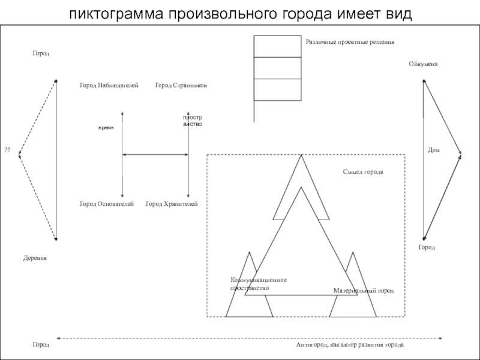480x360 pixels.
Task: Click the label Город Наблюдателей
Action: coord(109,86)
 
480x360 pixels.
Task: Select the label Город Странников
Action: coord(181,86)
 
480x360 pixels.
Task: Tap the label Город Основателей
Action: coord(106,205)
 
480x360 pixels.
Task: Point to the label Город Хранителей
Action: coord(172,205)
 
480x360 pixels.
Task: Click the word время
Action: coord(106,128)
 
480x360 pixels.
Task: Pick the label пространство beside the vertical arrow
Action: coord(193,121)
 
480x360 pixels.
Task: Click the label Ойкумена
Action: coord(423,64)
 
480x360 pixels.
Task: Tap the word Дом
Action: coord(434,150)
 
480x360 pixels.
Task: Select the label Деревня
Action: coord(35,257)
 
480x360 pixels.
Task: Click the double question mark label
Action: coord(8,149)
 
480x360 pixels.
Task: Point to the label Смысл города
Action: coord(362,172)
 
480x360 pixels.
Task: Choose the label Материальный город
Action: coord(363,290)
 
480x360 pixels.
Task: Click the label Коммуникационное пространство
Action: coord(258,284)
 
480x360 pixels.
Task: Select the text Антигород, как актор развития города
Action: coord(350,346)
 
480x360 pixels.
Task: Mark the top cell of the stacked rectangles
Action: coord(277,46)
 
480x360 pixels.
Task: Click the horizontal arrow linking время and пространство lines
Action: coord(155,155)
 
